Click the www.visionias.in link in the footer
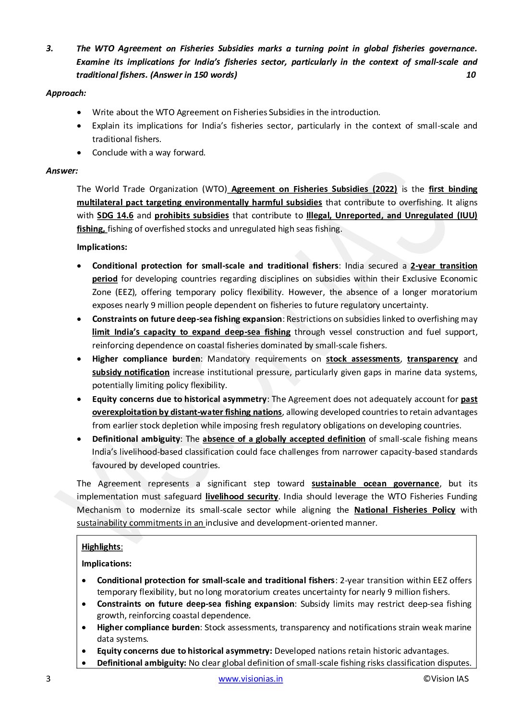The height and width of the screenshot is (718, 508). [x=251, y=679]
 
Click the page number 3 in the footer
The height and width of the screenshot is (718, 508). [x=48, y=679]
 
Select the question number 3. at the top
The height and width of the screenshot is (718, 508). [x=49, y=48]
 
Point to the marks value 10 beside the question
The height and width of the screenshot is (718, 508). [x=471, y=75]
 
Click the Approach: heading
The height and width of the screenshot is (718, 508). [x=66, y=94]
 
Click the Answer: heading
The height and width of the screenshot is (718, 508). [x=62, y=170]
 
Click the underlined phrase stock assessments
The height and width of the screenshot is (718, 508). [x=363, y=359]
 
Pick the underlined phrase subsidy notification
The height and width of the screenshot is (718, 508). [x=131, y=372]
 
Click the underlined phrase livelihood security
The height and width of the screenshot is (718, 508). [x=242, y=496]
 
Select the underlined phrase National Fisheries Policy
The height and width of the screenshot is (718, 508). [x=404, y=510]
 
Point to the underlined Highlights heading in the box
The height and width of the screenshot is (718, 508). [x=101, y=547]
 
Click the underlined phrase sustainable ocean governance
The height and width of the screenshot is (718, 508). [x=375, y=483]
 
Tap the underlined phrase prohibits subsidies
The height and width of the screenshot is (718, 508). [x=192, y=215]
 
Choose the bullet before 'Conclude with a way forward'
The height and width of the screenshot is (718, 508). [x=79, y=153]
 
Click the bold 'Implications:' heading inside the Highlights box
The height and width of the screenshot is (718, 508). [x=107, y=564]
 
